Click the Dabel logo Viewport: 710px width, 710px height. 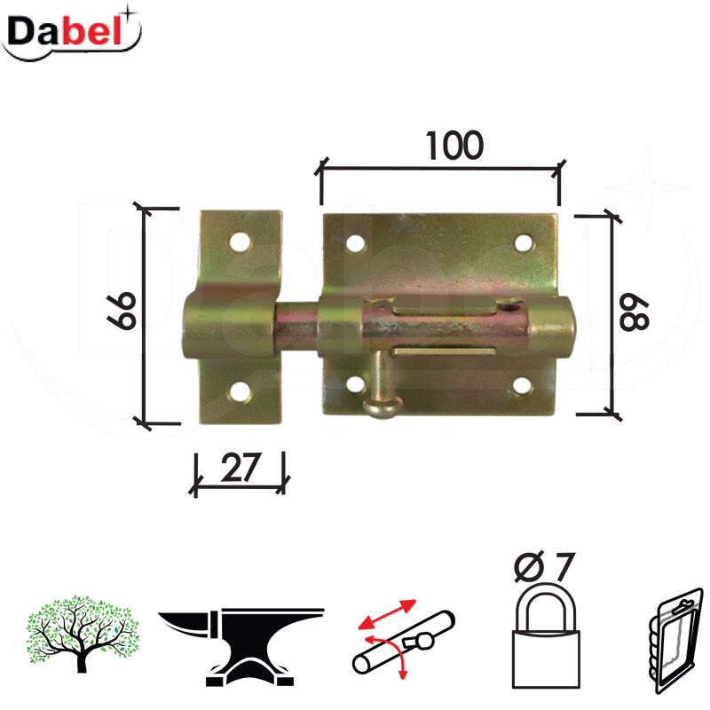[x=71, y=32]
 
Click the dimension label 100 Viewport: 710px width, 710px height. [x=454, y=146]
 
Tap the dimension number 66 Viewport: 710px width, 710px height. [x=122, y=310]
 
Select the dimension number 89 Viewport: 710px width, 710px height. [x=635, y=315]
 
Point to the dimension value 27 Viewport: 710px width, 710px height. [x=241, y=468]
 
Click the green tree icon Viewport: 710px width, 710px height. [x=82, y=634]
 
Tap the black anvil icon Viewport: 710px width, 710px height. [x=241, y=647]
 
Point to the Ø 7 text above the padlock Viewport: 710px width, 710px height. [x=545, y=566]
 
